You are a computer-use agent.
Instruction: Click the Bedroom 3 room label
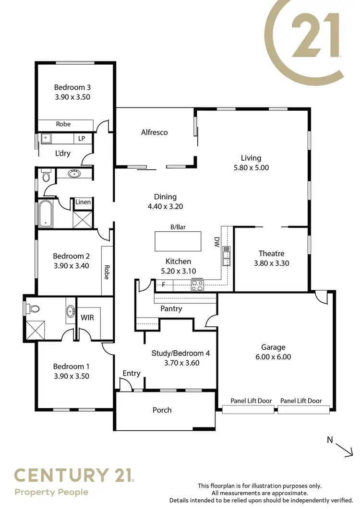coord(72,87)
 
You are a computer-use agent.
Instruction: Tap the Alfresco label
coord(154,132)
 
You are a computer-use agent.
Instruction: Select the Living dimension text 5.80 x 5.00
coord(251,168)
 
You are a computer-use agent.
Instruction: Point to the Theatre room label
coord(271,253)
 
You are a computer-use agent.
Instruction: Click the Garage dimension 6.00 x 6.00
coord(273,356)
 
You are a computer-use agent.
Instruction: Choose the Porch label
coord(162,410)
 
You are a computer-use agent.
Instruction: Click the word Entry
coord(132,373)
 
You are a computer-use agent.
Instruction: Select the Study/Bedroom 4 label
coord(181,353)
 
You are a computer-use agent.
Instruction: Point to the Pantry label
coord(171,308)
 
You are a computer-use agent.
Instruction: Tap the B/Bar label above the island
coord(178,227)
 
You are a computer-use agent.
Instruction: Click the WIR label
coord(87,318)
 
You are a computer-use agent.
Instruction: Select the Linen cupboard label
coord(83,202)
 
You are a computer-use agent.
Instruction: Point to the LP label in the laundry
coord(82,139)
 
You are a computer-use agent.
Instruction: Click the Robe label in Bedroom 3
coord(63,124)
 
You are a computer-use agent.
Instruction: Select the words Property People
coord(51,492)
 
